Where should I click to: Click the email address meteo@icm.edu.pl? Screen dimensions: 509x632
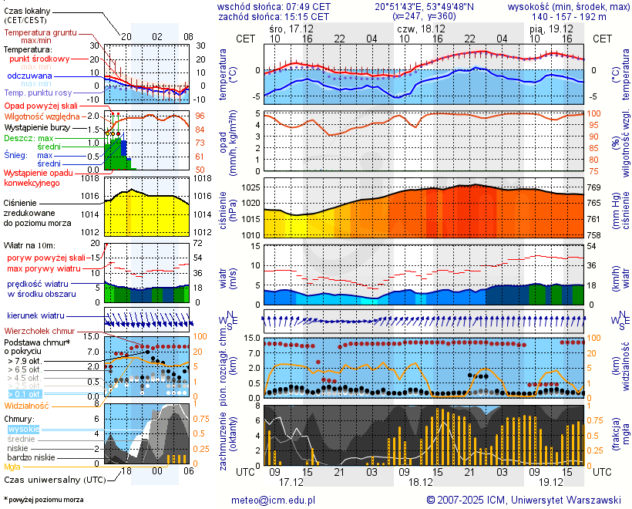(x=274, y=500)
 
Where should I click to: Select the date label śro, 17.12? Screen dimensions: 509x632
(x=291, y=28)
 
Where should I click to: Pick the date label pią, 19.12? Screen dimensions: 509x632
(x=550, y=28)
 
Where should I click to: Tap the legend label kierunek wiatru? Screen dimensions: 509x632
(x=35, y=316)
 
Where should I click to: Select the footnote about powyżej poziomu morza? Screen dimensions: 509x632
(x=43, y=500)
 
